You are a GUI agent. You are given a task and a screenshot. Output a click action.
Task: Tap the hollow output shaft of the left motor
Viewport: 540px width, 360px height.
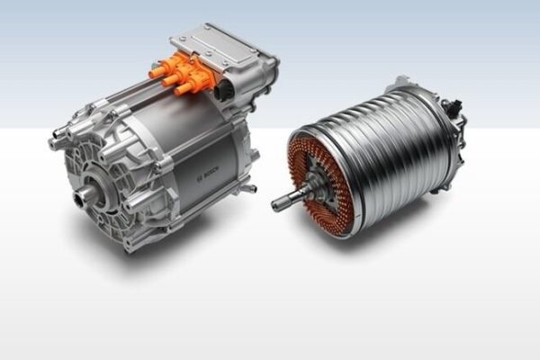point(83,196)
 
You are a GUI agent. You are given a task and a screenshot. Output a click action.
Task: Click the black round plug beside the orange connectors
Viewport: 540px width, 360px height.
point(222,90)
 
